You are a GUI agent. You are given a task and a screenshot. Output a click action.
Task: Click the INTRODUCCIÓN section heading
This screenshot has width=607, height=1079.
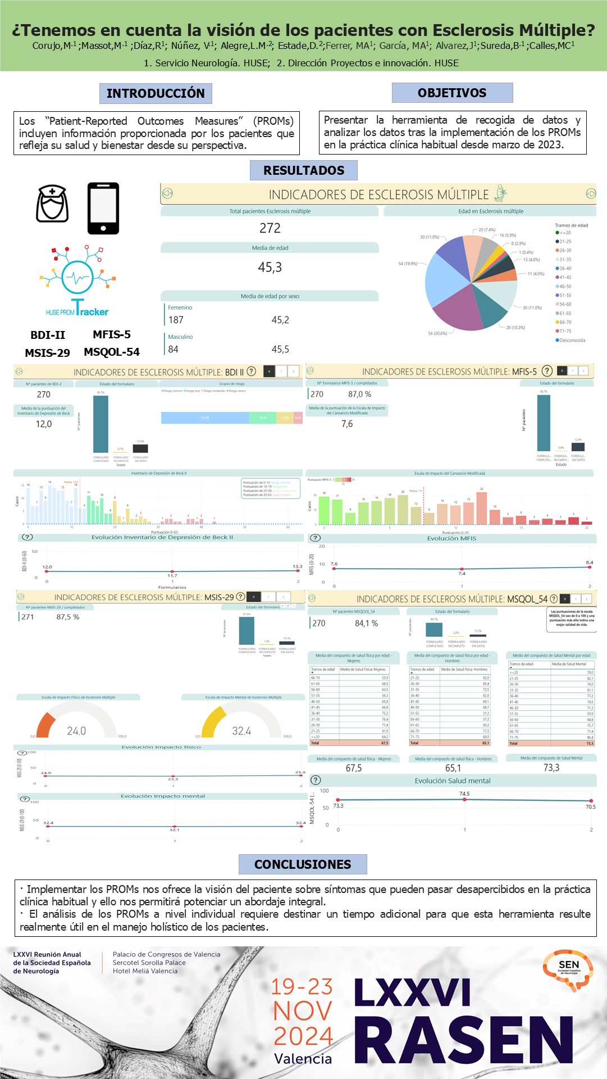pyautogui.click(x=156, y=93)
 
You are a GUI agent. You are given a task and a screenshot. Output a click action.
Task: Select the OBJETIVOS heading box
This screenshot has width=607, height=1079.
pyautogui.click(x=452, y=93)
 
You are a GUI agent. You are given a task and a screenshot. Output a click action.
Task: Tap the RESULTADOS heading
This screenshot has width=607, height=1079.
pyautogui.click(x=304, y=170)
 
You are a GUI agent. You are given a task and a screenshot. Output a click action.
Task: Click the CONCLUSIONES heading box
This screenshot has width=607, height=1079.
pyautogui.click(x=303, y=864)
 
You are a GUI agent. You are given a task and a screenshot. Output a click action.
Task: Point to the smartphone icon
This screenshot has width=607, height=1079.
pyautogui.click(x=103, y=208)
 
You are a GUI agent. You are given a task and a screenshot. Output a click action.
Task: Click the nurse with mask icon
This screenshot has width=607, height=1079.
pyautogui.click(x=52, y=204)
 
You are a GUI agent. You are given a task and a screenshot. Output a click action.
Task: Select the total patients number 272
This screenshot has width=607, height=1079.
pyautogui.click(x=270, y=228)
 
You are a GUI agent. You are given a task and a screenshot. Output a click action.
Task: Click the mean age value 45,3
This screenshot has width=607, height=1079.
pyautogui.click(x=270, y=268)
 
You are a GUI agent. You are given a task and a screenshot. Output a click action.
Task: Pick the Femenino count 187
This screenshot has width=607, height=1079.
pyautogui.click(x=176, y=320)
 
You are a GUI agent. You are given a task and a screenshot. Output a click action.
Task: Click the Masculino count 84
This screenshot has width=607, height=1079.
pyautogui.click(x=173, y=349)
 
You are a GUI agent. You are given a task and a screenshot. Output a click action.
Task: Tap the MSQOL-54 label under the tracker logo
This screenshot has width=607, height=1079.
pyautogui.click(x=112, y=352)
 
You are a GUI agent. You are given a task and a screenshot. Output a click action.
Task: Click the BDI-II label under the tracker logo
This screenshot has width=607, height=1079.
pyautogui.click(x=48, y=335)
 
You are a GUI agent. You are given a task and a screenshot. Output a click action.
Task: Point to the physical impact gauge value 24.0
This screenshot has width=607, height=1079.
pyautogui.click(x=76, y=731)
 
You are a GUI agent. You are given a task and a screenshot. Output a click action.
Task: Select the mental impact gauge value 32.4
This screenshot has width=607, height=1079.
pyautogui.click(x=241, y=731)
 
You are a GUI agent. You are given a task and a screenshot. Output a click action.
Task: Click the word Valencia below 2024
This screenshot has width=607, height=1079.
pyautogui.click(x=303, y=1059)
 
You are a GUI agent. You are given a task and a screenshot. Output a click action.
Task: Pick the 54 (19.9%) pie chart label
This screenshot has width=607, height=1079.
pyautogui.click(x=408, y=264)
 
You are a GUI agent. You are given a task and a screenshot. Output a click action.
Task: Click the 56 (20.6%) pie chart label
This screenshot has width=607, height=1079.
pyautogui.click(x=437, y=333)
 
